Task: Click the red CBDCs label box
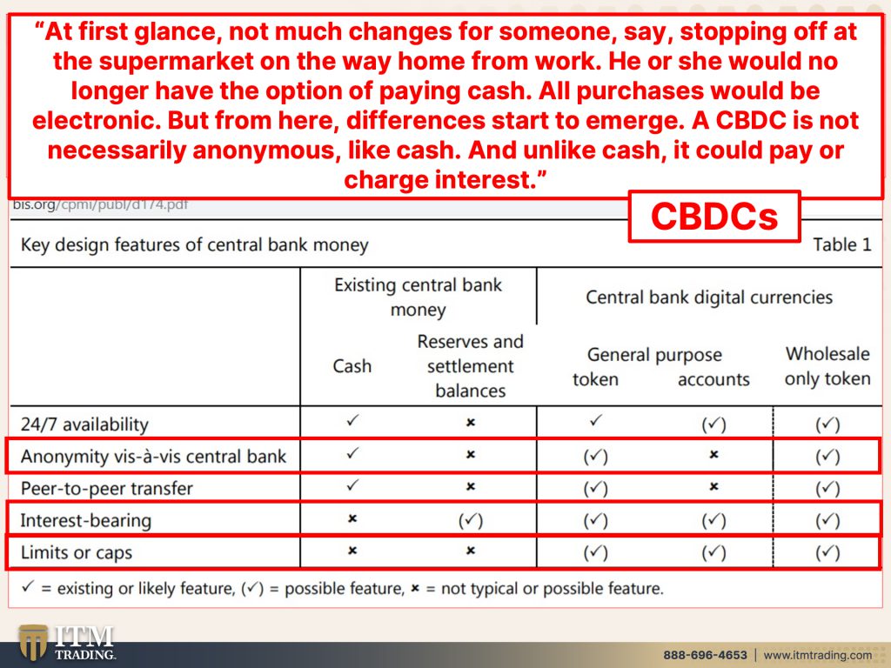click(x=714, y=217)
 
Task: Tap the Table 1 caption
click(x=841, y=244)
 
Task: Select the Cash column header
click(x=352, y=366)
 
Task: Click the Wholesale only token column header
click(x=827, y=366)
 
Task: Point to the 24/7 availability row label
click(x=84, y=424)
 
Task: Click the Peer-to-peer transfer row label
click(x=107, y=489)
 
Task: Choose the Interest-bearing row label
click(x=86, y=521)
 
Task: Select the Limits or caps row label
click(x=77, y=552)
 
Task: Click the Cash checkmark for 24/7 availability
click(x=353, y=420)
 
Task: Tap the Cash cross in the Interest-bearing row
click(x=352, y=518)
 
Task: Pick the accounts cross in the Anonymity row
click(x=713, y=454)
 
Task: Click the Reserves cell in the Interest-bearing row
click(x=471, y=521)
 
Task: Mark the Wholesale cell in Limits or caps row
click(x=827, y=552)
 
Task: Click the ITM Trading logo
click(x=66, y=643)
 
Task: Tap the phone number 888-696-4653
click(x=705, y=655)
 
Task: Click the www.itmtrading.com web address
click(x=817, y=655)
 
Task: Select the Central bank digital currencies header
click(x=709, y=297)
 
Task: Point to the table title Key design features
click(x=194, y=244)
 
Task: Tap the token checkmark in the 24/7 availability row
click(x=595, y=420)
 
